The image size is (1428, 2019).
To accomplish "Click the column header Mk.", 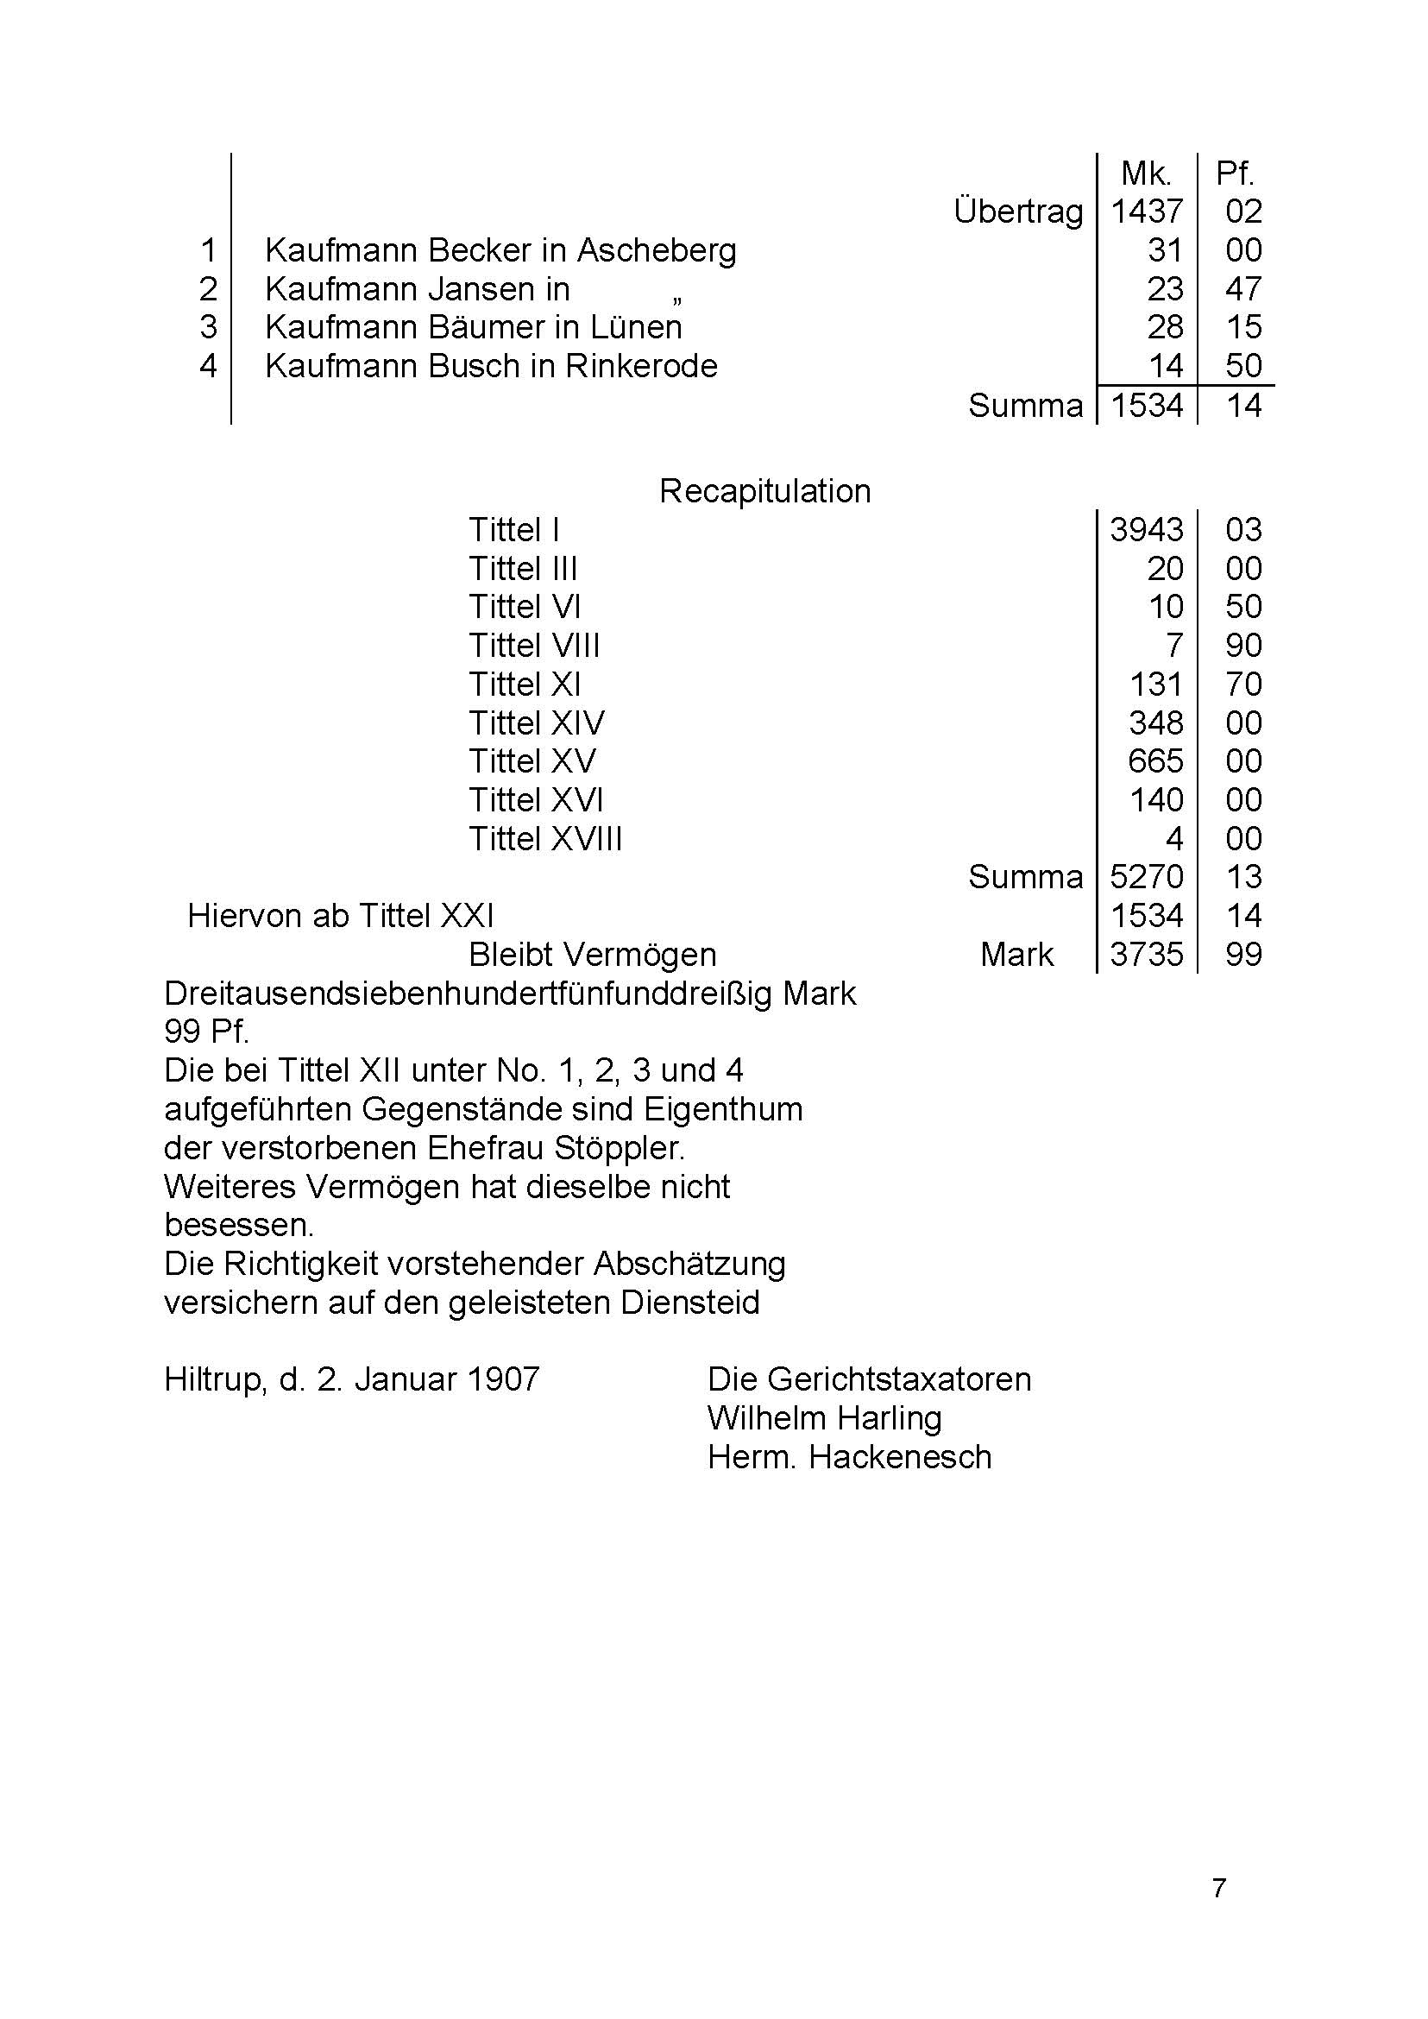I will click(x=1146, y=174).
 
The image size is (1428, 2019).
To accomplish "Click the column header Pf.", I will click(x=1235, y=174).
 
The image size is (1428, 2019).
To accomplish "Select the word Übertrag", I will click(x=1018, y=212).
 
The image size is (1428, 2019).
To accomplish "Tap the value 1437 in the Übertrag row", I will click(x=1147, y=212).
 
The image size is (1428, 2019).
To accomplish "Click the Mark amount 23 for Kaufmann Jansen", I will click(x=1165, y=289).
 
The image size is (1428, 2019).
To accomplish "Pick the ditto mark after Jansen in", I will click(x=676, y=301).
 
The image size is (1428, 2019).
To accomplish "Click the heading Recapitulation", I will click(x=765, y=491).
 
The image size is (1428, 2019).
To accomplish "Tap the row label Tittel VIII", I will click(x=534, y=646).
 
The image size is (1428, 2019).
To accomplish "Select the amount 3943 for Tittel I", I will click(x=1147, y=530).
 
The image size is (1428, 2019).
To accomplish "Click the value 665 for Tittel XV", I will click(x=1155, y=761).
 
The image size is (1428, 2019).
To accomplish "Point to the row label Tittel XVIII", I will click(x=545, y=839).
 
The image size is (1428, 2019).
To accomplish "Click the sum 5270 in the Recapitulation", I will click(x=1147, y=877).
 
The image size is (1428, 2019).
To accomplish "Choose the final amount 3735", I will click(x=1147, y=955).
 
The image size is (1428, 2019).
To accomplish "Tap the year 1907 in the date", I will click(x=503, y=1379).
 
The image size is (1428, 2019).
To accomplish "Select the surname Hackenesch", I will click(x=900, y=1457).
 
